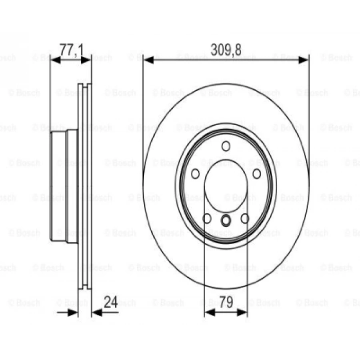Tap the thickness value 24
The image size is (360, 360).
click(111, 302)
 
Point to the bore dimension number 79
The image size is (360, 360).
click(226, 302)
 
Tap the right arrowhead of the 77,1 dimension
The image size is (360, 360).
click(87, 60)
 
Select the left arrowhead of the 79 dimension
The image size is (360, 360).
click(209, 312)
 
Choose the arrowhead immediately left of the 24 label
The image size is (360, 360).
click(96, 312)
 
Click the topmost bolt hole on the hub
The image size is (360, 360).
click(226, 146)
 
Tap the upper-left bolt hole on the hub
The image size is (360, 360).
click(196, 174)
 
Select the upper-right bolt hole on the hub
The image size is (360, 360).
click(256, 174)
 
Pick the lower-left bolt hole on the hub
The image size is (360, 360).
click(207, 218)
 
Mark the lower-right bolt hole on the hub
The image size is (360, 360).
click(245, 218)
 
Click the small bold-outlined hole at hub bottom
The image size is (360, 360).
click(226, 220)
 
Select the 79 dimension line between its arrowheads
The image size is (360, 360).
click(226, 312)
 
